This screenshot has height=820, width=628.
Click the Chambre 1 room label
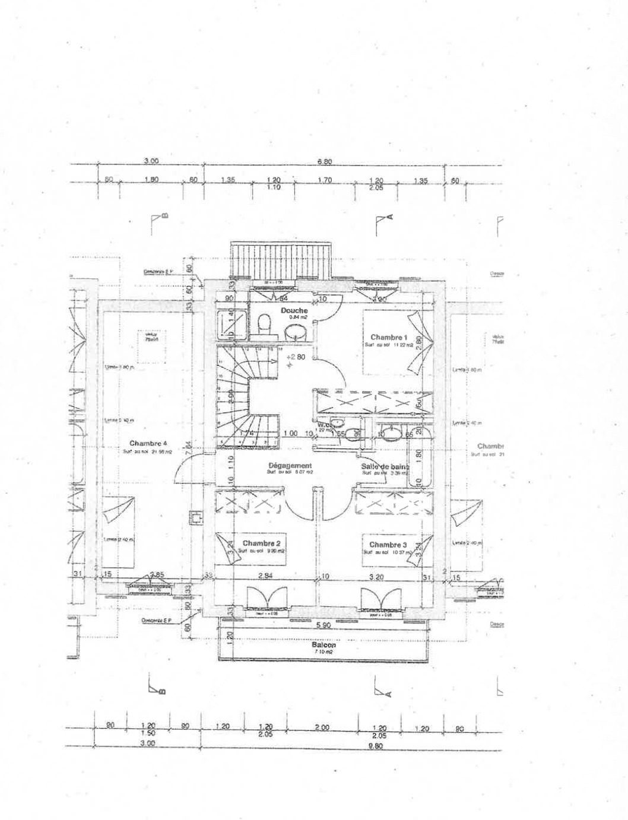[389, 337]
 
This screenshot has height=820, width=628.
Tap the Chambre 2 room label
[261, 544]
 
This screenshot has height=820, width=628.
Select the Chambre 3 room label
[388, 545]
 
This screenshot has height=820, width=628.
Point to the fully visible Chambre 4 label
[148, 443]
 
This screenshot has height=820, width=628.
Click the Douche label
[294, 310]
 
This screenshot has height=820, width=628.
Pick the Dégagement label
[290, 466]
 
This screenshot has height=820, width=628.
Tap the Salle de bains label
[385, 467]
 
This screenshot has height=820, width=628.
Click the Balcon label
[323, 645]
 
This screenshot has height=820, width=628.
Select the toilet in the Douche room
[265, 324]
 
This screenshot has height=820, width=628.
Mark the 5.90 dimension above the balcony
[323, 625]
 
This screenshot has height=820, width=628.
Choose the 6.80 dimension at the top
[325, 161]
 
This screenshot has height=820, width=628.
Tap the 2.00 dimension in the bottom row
[322, 727]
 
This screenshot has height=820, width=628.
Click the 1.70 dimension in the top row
[325, 180]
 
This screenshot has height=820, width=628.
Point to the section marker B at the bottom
[157, 688]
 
